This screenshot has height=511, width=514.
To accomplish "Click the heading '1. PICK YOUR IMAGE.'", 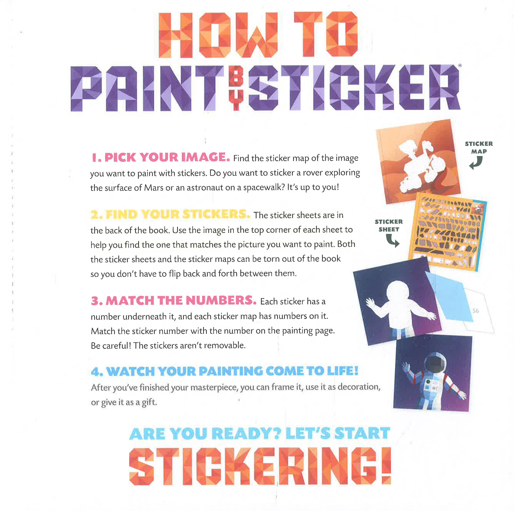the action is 161,157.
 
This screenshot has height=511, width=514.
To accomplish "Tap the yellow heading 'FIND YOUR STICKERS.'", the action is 178,214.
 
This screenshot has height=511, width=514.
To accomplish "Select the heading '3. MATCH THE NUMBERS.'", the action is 174,300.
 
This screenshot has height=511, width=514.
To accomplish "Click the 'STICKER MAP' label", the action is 479,148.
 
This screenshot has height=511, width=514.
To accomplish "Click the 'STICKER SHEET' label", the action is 389,225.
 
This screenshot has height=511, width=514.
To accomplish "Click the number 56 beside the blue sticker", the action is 475,311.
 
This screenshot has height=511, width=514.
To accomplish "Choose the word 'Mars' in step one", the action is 154,188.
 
